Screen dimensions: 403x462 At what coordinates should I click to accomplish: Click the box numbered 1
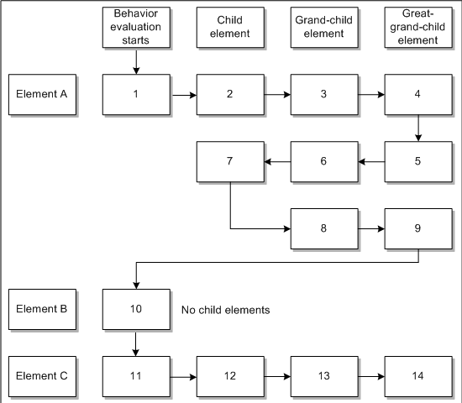tap(135, 94)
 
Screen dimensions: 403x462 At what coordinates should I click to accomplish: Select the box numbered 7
tap(229, 161)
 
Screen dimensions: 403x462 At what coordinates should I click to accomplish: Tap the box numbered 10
tap(135, 310)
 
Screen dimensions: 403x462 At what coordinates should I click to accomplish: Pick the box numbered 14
tap(417, 376)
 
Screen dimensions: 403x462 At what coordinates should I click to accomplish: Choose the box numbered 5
tap(417, 161)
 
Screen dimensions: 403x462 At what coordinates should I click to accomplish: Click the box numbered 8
tap(323, 227)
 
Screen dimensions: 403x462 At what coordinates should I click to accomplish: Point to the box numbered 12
tap(229, 376)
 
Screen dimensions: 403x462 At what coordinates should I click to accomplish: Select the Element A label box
tap(42, 94)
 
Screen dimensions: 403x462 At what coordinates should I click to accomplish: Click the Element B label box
tap(42, 310)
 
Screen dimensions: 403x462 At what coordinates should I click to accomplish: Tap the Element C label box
tap(42, 376)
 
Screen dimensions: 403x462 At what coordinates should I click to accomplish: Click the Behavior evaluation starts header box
tap(135, 28)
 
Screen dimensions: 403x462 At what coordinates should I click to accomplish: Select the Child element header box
tap(229, 28)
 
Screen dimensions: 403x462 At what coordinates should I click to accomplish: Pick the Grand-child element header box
tap(323, 28)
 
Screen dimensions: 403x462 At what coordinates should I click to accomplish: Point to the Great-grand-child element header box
tap(417, 28)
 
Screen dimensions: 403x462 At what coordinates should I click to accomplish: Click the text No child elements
tap(225, 310)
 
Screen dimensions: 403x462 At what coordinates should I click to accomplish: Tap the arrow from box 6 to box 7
tap(276, 161)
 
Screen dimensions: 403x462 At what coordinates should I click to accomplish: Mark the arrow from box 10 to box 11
tap(135, 343)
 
